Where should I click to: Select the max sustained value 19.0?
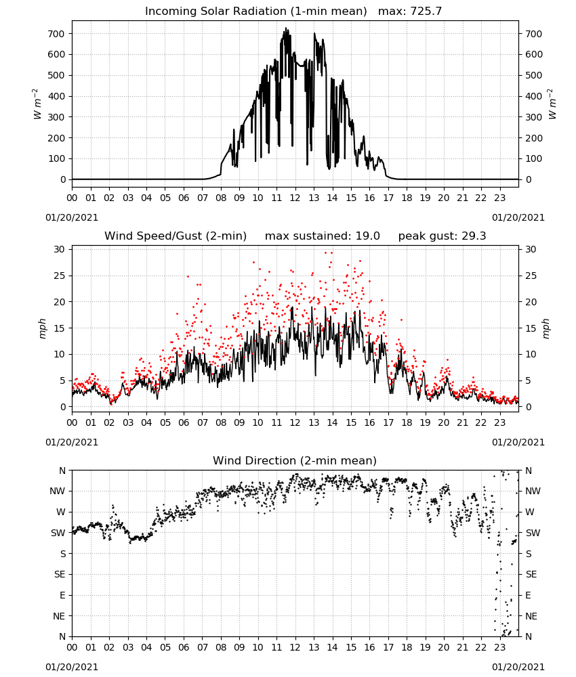[368, 236]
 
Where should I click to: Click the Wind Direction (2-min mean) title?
[295, 460]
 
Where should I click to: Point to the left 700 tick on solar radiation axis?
[56, 34]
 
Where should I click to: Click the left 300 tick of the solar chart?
[56, 117]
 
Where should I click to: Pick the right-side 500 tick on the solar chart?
[534, 75]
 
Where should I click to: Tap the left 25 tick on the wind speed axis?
[60, 276]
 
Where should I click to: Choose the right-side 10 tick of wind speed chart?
[531, 354]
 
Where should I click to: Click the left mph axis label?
[42, 328]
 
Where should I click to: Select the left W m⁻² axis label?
[37, 104]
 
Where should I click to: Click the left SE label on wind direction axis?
[60, 574]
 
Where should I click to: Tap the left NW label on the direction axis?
[58, 491]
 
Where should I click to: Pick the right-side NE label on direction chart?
[531, 616]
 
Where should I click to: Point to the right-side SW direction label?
[533, 533]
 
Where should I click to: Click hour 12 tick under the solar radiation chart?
[295, 198]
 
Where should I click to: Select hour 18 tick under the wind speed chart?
[407, 422]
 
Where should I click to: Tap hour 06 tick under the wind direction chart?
[184, 647]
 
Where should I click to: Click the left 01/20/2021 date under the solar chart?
[72, 217]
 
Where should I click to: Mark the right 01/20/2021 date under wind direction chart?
[518, 667]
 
